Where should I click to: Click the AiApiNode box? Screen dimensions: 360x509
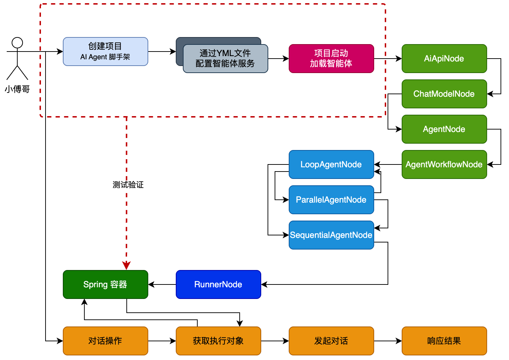[x=444, y=59]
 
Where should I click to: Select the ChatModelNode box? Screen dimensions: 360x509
[x=444, y=94]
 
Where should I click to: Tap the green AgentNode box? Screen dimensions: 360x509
[x=444, y=129]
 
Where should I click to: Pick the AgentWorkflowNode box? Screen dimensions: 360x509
[x=444, y=164]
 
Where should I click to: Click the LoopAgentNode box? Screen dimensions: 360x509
[x=331, y=164]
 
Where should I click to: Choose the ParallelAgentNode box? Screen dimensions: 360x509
[x=331, y=200]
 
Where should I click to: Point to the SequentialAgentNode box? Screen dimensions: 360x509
[x=331, y=235]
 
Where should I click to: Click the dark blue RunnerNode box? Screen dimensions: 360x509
[x=218, y=284]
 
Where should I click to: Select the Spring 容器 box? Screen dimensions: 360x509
[x=105, y=284]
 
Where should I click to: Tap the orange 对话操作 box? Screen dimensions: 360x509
[x=105, y=341]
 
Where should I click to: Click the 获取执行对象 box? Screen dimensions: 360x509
[x=218, y=341]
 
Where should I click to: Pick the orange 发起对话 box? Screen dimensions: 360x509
[x=331, y=341]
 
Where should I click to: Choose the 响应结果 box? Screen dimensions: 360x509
[x=444, y=341]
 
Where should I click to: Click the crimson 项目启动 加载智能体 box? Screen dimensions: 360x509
[x=331, y=59]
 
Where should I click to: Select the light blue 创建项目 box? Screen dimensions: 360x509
[x=105, y=52]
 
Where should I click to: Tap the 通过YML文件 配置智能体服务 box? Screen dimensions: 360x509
[x=225, y=59]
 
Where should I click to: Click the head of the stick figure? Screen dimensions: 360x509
[x=17, y=43]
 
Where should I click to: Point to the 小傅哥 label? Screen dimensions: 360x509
[x=17, y=89]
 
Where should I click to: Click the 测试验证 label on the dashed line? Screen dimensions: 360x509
[x=128, y=185]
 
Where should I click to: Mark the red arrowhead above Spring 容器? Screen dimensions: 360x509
[x=126, y=265]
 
